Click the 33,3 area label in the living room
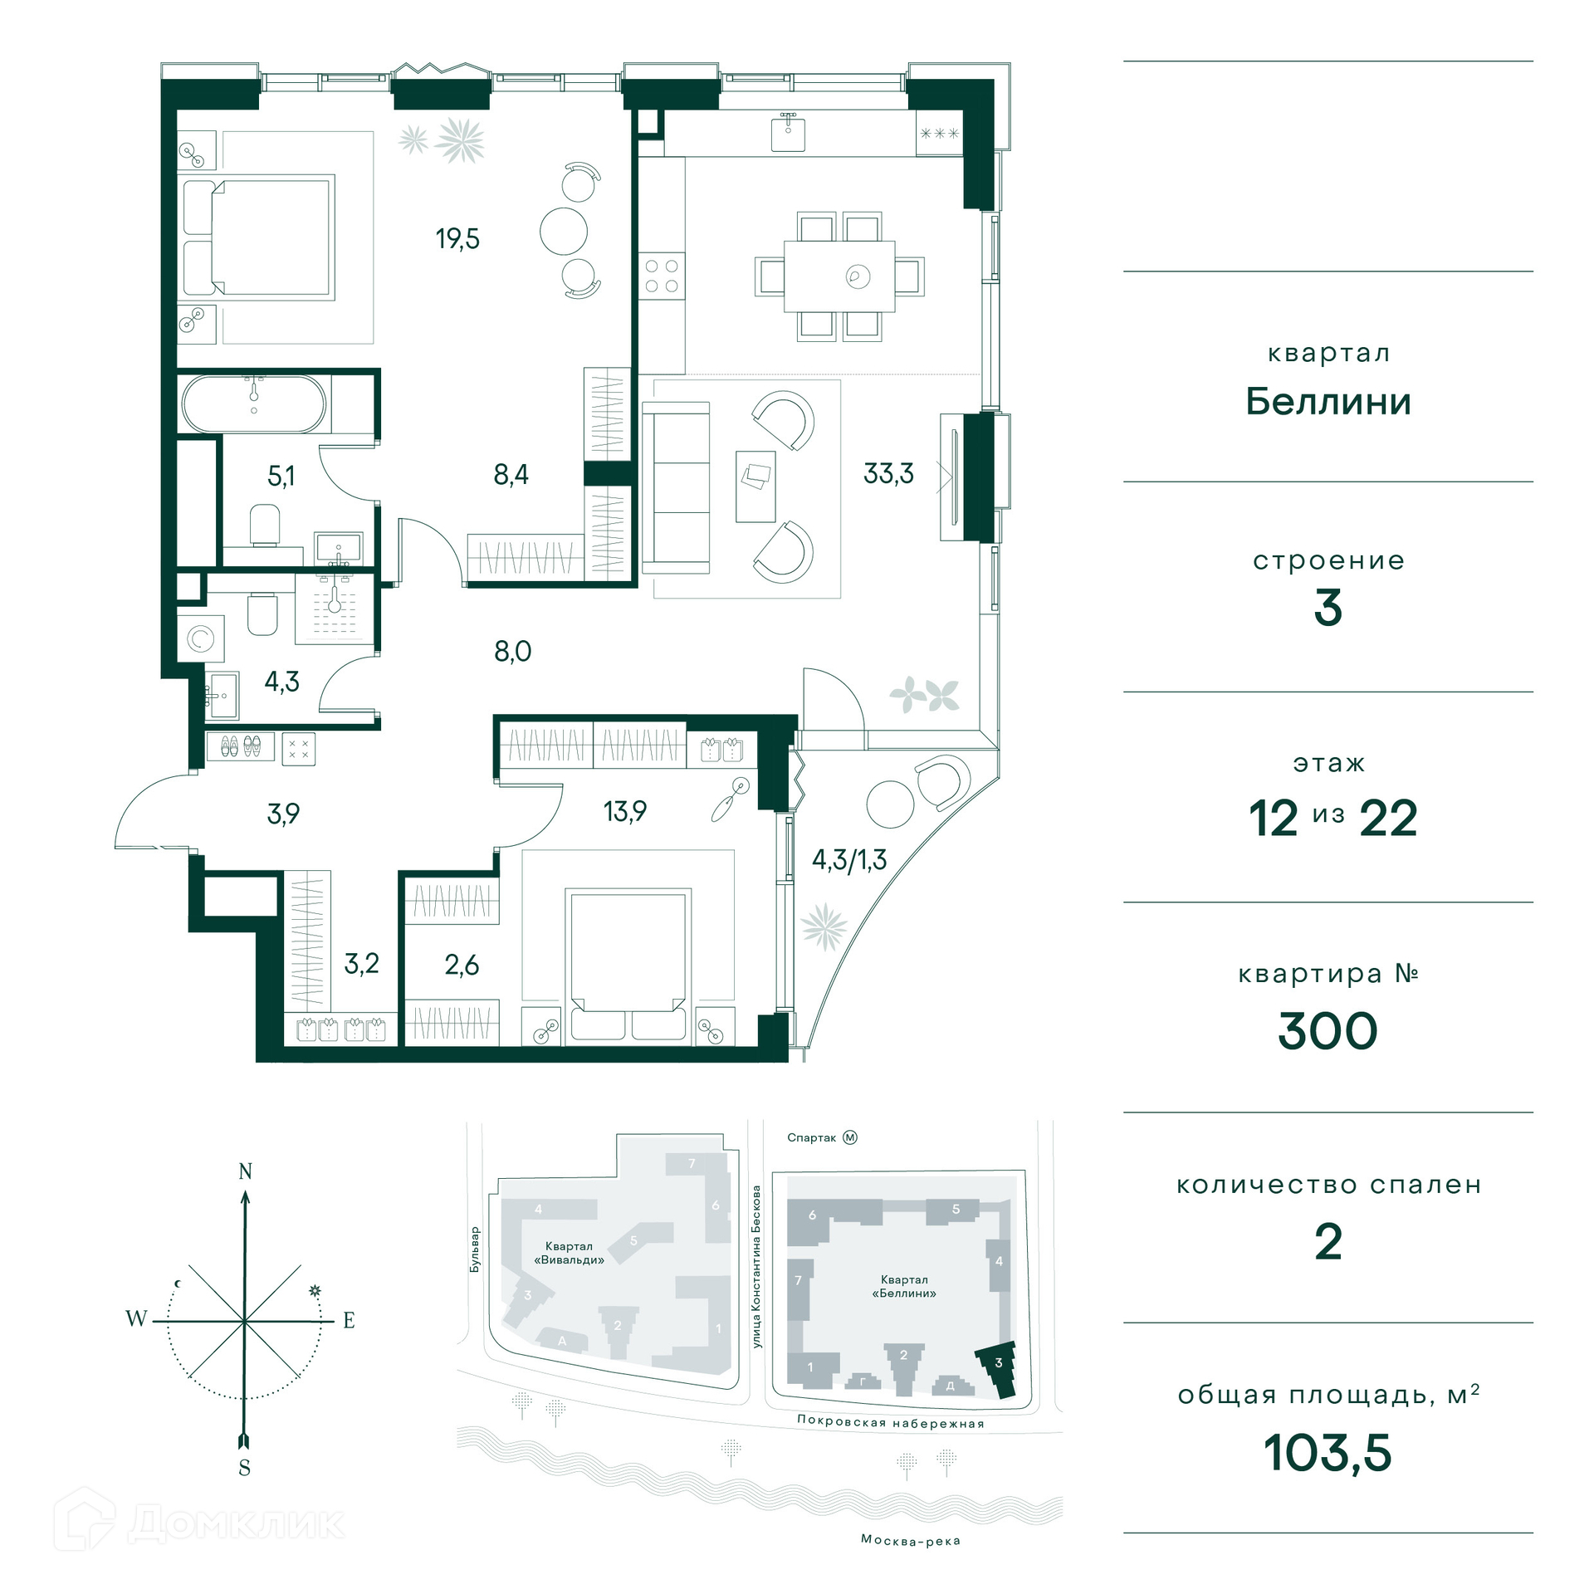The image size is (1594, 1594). click(x=888, y=474)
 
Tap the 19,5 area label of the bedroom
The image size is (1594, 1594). click(x=457, y=239)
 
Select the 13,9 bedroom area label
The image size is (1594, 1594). click(x=624, y=811)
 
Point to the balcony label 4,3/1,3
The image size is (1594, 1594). click(x=849, y=860)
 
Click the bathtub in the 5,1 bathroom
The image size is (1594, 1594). click(x=254, y=404)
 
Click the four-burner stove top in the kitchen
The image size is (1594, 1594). click(x=662, y=276)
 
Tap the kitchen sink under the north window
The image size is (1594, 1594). click(x=788, y=133)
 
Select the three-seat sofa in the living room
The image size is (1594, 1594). click(x=676, y=488)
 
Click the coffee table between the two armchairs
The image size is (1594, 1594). click(x=755, y=487)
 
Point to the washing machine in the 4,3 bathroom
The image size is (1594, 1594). click(x=200, y=638)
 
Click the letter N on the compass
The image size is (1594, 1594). click(x=245, y=1171)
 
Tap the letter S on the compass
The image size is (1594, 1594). click(x=244, y=1468)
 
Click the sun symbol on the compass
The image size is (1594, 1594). click(x=315, y=1291)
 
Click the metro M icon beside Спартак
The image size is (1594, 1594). click(x=850, y=1137)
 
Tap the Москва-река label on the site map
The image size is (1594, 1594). click(x=911, y=1541)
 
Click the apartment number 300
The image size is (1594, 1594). click(x=1328, y=1032)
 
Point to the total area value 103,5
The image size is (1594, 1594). click(x=1328, y=1454)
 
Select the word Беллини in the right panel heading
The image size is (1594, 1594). click(x=1328, y=402)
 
